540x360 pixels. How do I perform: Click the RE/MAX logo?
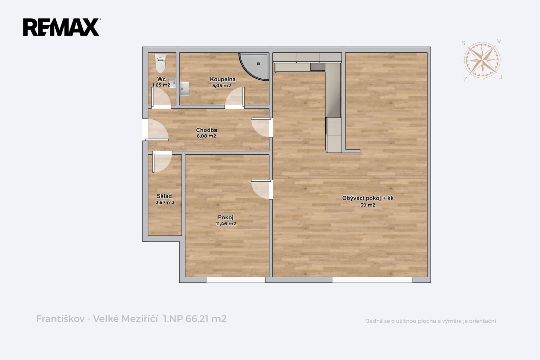[x=61, y=27]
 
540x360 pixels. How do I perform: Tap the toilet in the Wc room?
[x=160, y=63]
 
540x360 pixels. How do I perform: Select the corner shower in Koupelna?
[x=254, y=66]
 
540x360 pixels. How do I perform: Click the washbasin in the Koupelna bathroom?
[x=184, y=88]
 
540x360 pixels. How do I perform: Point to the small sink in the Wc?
[x=172, y=83]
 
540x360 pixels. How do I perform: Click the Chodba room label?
[x=206, y=130]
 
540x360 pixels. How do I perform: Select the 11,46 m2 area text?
[x=226, y=224]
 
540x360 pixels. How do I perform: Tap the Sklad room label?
[x=164, y=196]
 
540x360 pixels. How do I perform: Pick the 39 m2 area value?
[x=368, y=205]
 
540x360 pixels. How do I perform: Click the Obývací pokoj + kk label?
[x=368, y=198]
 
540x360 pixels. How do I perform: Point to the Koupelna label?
[x=222, y=79]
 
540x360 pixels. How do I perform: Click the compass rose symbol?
[x=482, y=60]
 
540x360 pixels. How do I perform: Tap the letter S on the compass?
[x=463, y=43]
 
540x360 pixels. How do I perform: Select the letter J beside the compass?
[x=501, y=77]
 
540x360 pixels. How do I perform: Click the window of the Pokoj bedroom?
[x=236, y=280]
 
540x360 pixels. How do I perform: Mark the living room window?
[x=373, y=280]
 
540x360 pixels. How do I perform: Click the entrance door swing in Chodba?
[x=156, y=130]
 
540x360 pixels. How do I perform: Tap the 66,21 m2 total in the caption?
[x=206, y=319]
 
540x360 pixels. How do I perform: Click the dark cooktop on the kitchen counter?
[x=318, y=67]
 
